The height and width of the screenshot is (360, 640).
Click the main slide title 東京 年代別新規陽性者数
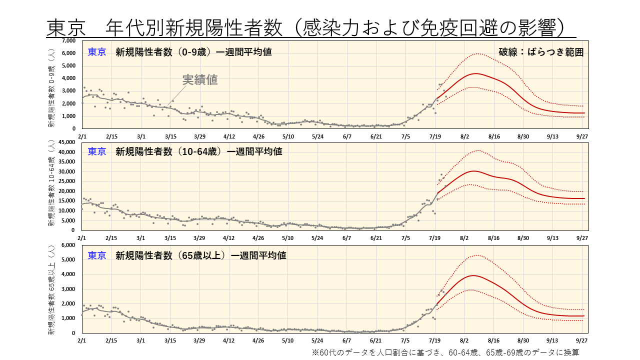pyautogui.click(x=310, y=28)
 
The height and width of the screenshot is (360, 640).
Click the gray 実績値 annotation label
pyautogui.click(x=199, y=79)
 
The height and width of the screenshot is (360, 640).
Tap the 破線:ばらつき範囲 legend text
pyautogui.click(x=541, y=52)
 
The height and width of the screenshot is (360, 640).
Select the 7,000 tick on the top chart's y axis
pyautogui.click(x=69, y=40)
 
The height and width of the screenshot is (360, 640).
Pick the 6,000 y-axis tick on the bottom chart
pyautogui.click(x=69, y=245)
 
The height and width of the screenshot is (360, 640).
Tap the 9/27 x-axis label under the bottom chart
pyautogui.click(x=582, y=339)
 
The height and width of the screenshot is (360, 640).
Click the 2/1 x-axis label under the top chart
pyautogui.click(x=82, y=136)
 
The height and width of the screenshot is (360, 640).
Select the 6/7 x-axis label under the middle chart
pyautogui.click(x=347, y=238)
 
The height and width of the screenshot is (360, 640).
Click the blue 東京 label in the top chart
pyautogui.click(x=96, y=52)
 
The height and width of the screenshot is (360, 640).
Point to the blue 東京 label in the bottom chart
pyautogui.click(x=96, y=255)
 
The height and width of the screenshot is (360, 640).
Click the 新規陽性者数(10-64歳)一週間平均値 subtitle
pyautogui.click(x=198, y=151)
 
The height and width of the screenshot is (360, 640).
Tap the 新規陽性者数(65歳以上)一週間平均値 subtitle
pyautogui.click(x=200, y=255)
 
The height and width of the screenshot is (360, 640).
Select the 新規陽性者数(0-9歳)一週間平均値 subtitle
pyautogui.click(x=193, y=52)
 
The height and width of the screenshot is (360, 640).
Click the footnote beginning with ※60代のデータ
pyautogui.click(x=445, y=352)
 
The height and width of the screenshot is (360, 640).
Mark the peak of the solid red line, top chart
pyautogui.click(x=475, y=73)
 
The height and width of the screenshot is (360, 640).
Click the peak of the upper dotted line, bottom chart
pyautogui.click(x=475, y=255)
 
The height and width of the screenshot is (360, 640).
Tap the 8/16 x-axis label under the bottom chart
pyautogui.click(x=494, y=339)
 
